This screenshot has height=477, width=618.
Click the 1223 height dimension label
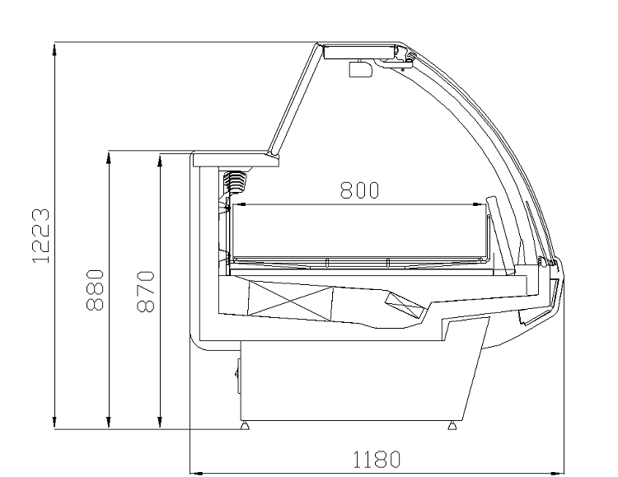(x=40, y=236)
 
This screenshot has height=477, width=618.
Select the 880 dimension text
(x=95, y=290)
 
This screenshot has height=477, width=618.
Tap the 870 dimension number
(x=145, y=292)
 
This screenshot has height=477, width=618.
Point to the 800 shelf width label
(x=359, y=190)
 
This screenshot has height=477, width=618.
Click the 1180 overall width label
(x=377, y=459)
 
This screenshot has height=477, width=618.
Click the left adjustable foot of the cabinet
(x=246, y=425)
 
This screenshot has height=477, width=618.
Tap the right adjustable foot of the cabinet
(x=452, y=425)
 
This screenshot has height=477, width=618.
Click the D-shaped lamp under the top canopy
(x=361, y=68)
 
